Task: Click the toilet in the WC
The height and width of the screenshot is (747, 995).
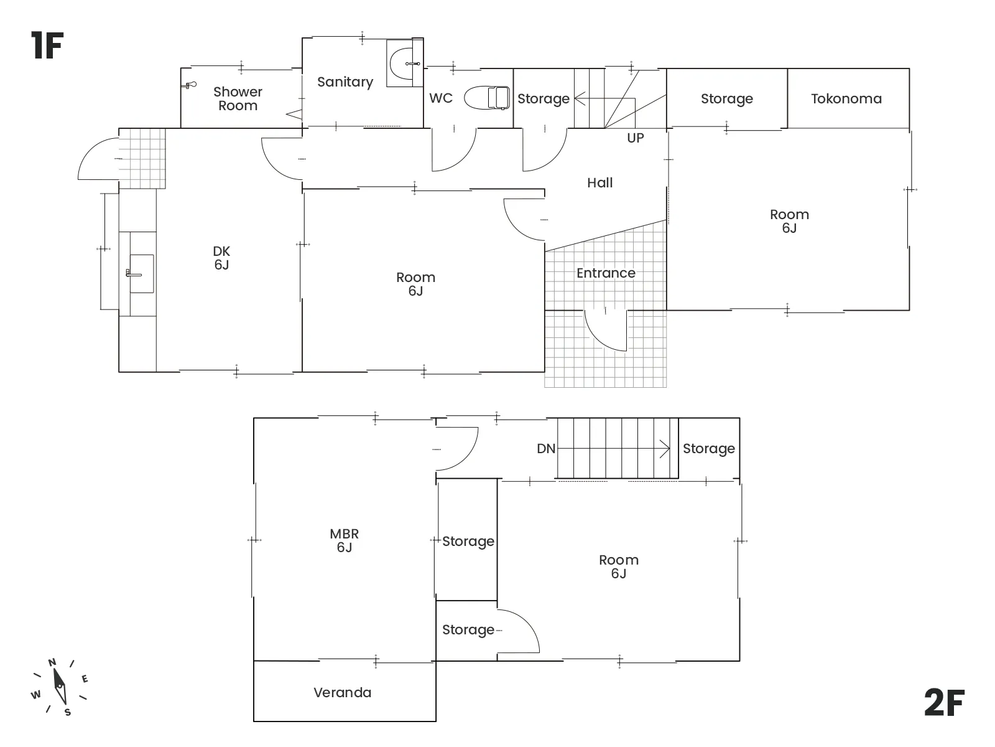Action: (x=487, y=98)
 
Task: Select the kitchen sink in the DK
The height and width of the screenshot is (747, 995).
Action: (x=141, y=273)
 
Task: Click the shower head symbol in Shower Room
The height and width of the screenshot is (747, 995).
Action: (x=190, y=85)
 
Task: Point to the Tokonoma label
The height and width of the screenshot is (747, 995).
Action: (x=846, y=98)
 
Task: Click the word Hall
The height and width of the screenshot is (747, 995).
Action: (x=599, y=183)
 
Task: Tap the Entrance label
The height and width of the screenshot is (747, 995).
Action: (x=606, y=273)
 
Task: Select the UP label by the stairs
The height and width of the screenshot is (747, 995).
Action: (x=636, y=138)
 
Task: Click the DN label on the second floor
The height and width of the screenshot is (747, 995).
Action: (x=546, y=449)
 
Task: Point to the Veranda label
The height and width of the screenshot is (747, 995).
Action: (x=342, y=693)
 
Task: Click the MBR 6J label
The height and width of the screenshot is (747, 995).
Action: (x=345, y=540)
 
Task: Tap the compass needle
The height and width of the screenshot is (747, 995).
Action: (x=60, y=686)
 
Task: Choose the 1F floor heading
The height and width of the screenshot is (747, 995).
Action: (x=47, y=45)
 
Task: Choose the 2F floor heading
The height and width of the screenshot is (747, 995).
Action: (x=944, y=703)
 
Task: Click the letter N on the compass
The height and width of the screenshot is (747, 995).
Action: (x=52, y=662)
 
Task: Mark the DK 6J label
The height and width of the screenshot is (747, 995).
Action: (x=221, y=258)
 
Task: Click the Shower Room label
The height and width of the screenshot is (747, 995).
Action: (x=238, y=99)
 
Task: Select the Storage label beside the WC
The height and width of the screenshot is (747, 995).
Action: (x=544, y=99)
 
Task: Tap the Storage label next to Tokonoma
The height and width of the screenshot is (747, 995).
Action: (x=726, y=99)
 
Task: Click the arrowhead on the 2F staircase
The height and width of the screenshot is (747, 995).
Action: (x=665, y=449)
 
